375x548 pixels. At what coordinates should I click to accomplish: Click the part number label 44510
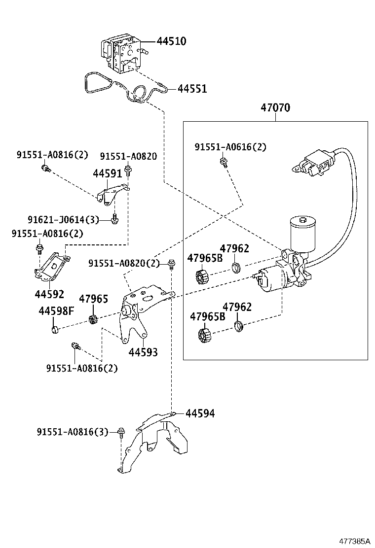pos(171,41)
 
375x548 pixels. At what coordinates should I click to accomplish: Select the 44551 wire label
pos(192,89)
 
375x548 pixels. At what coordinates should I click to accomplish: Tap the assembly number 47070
pos(275,108)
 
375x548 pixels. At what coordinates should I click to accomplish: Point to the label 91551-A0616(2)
pos(230,147)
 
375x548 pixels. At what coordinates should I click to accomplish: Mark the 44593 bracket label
pos(143,352)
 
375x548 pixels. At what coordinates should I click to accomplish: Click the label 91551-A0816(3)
pos(72,432)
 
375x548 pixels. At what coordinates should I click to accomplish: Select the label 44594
pos(200,413)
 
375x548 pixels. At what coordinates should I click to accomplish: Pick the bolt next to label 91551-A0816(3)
pos(121,432)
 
